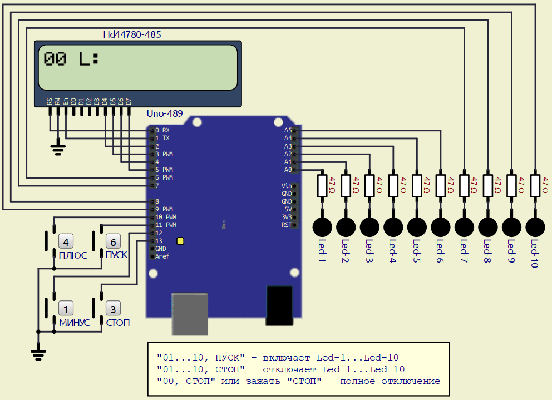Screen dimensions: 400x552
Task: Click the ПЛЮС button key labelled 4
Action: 66,242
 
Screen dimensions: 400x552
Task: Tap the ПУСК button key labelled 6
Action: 113,242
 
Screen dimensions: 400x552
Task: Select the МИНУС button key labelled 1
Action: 66,309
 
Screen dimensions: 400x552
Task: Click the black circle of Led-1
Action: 322,226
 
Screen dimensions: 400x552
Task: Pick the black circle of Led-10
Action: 535,226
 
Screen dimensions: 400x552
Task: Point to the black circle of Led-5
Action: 417,226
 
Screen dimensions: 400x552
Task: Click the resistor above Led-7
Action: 464,186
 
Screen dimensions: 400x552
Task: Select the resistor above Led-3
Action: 369,186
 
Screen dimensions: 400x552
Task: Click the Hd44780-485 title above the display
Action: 132,35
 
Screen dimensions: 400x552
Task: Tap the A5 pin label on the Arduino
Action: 288,130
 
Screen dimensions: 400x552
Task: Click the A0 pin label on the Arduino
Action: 288,170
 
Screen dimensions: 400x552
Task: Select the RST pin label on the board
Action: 287,225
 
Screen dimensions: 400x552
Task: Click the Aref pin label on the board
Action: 162,256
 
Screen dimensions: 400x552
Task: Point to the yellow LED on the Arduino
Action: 180,241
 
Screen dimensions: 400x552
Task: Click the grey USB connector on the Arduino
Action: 189,314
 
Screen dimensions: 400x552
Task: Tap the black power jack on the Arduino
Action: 279,305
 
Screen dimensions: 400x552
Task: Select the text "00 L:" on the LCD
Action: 71,60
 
